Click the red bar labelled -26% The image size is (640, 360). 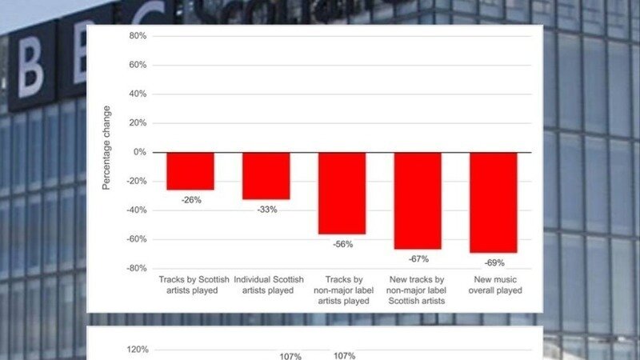[190, 170]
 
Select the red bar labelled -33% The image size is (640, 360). [266, 175]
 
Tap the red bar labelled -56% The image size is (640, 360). [342, 193]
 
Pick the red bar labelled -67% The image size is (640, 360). [418, 200]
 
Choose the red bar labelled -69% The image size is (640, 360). [494, 202]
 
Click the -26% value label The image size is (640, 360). [191, 200]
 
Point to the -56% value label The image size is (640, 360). [342, 244]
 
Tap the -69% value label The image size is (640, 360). [494, 262]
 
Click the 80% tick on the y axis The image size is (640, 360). [138, 36]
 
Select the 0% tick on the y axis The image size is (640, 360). [140, 152]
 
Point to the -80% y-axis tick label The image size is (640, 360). [135, 268]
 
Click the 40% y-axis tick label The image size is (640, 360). [138, 94]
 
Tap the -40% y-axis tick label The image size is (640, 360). [135, 210]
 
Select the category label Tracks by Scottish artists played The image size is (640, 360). [194, 285]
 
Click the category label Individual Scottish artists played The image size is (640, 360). [269, 285]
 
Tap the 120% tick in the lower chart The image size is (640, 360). [138, 350]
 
